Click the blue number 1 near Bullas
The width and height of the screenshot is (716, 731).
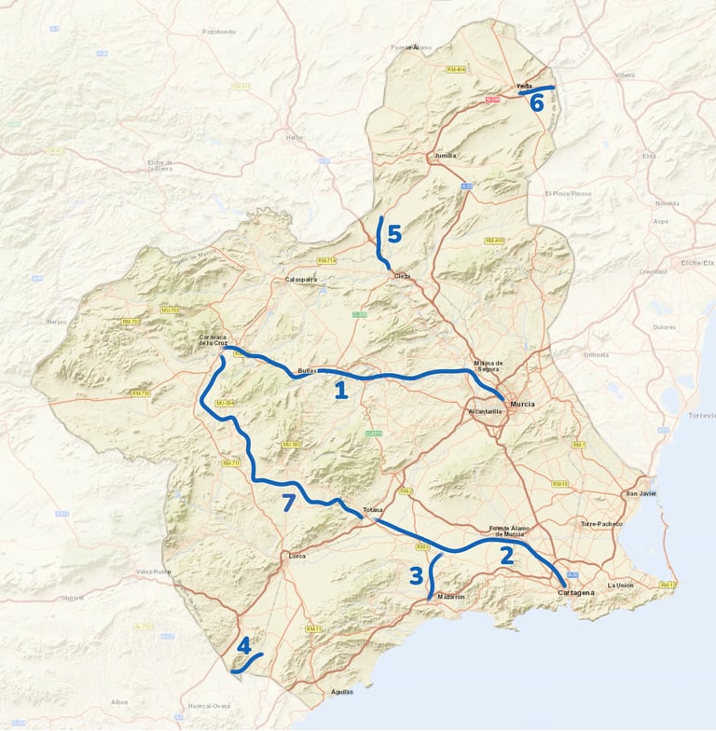341,390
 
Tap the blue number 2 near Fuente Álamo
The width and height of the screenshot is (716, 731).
507,556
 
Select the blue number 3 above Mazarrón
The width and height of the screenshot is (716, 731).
416,575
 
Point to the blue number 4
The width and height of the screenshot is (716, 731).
244,645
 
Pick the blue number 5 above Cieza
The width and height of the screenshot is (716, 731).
394,234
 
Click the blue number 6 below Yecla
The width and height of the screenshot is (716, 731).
537,103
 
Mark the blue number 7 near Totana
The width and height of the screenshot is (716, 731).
289,503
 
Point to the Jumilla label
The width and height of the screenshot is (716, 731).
446,156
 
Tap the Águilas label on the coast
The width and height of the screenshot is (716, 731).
342,691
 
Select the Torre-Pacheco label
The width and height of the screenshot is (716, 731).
599,524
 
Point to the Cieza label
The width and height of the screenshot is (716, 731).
402,276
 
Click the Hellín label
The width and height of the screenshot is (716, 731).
295,137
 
